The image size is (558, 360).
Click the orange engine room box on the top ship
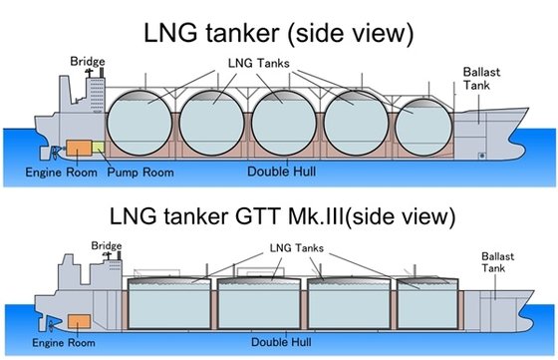pos(79,148)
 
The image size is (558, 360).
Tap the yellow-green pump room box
pos(99,147)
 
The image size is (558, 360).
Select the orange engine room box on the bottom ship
pos(79,321)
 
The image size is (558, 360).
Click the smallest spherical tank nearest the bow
pos(423,127)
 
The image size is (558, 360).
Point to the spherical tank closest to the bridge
pos(139,123)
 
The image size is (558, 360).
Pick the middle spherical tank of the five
pos(284,123)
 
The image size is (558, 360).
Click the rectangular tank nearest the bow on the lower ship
pos(427,303)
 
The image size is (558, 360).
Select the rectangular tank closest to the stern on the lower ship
pos(169,303)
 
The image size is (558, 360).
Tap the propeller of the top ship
pos(55,153)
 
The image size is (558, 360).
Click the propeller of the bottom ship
pos(52,325)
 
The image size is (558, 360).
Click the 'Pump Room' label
pos(140,173)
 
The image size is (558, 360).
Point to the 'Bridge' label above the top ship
pos(88,61)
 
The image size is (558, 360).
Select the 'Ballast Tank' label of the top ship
pos(481,79)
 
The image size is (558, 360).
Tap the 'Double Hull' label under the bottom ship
pos(281,342)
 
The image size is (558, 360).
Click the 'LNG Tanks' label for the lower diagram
pos(297,248)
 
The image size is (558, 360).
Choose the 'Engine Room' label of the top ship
pos(61,173)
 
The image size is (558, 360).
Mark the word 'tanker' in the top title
pos(242,33)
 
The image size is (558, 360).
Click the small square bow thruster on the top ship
pos(482,156)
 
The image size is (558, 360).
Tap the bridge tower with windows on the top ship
pos(97,95)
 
